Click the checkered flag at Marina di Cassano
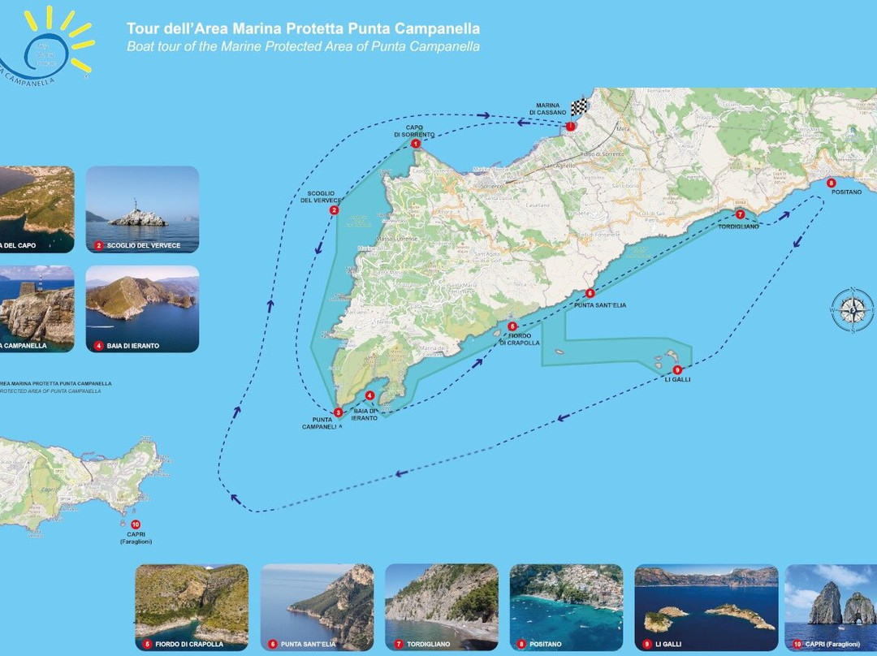click(x=578, y=107)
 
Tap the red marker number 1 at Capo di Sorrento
click(x=416, y=144)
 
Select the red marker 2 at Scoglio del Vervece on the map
click(x=334, y=211)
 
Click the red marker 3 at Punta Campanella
click(x=339, y=412)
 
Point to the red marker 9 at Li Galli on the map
click(x=677, y=369)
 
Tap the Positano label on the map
click(x=846, y=192)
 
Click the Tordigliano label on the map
click(x=738, y=227)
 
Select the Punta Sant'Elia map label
click(x=600, y=305)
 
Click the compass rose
click(x=851, y=309)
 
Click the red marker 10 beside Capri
click(x=135, y=524)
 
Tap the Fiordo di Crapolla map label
click(x=520, y=339)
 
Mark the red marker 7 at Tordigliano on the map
click(x=740, y=214)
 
